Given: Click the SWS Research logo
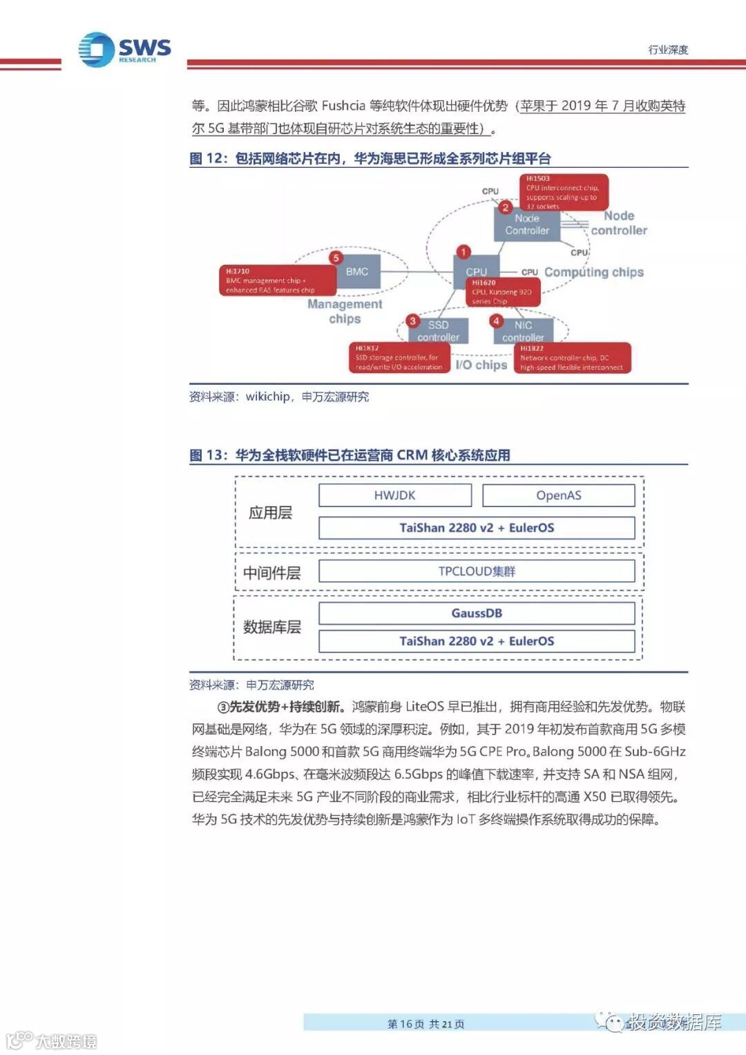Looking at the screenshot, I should click(x=124, y=50).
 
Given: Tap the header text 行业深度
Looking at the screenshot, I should click(x=667, y=50).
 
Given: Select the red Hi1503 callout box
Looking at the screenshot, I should click(x=563, y=192).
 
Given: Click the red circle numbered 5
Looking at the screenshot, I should click(x=336, y=258).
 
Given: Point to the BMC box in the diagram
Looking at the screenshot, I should click(x=357, y=272).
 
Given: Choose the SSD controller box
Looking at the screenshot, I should click(x=438, y=331).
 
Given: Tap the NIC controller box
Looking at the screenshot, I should click(x=523, y=331).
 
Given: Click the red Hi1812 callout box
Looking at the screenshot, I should click(x=399, y=358).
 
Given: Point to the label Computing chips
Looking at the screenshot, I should click(x=593, y=272).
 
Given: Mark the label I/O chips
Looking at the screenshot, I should click(x=481, y=365).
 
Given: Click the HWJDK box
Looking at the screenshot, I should click(x=394, y=495).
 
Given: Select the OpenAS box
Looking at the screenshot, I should click(x=558, y=495).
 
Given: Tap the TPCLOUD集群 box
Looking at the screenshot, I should click(x=476, y=571).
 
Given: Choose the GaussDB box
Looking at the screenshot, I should click(x=476, y=613).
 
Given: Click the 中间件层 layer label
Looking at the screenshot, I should click(x=271, y=573).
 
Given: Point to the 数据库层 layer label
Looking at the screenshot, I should click(x=271, y=627).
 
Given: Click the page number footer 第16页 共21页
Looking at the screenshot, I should click(x=425, y=1023).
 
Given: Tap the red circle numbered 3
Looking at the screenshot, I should click(x=412, y=321).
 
